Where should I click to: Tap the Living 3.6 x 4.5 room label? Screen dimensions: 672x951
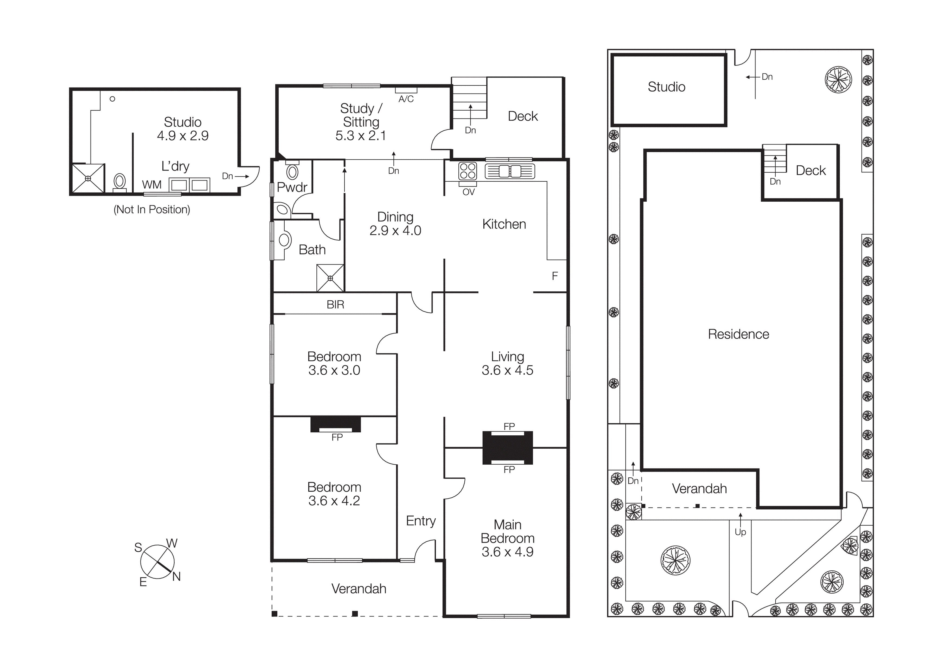pos(507,363)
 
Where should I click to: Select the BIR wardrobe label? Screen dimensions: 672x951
pos(335,305)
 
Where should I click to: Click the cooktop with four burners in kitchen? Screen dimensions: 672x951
pos(468,171)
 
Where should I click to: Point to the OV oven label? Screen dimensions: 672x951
pos(468,192)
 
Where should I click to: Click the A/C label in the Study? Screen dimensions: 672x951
pos(406,99)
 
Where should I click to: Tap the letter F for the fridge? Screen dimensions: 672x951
pos(555,276)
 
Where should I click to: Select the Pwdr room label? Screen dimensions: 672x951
pos(292,187)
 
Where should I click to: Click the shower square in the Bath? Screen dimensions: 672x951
pos(330,278)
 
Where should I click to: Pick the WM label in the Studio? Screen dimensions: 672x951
pos(152,185)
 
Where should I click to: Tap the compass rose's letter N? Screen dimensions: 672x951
pos(176,576)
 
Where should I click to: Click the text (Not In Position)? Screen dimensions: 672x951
pos(152,210)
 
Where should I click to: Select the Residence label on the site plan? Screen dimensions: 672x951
pos(738,334)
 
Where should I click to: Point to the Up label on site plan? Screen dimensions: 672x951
pos(740,532)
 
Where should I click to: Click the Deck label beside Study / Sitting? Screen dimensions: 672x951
pos(523,116)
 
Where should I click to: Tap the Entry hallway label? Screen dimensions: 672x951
pos(421,521)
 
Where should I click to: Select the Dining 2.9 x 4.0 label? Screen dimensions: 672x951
pos(395,224)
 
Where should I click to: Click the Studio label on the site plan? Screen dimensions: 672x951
pos(666,87)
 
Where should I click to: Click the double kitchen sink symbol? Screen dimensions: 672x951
pos(510,171)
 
